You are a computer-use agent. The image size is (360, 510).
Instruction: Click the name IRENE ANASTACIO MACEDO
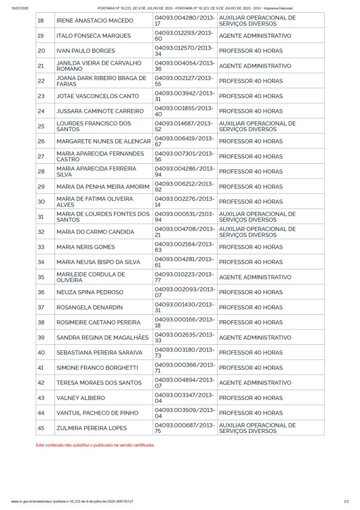[x=94, y=21]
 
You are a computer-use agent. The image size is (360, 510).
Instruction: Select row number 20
[x=41, y=51]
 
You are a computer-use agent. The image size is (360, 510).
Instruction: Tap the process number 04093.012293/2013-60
[x=184, y=36]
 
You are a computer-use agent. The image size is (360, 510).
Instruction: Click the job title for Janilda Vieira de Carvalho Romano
[x=255, y=66]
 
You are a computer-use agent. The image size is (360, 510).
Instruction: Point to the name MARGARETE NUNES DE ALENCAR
[x=104, y=141]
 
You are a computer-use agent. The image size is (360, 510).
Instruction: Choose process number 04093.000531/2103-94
[x=184, y=217]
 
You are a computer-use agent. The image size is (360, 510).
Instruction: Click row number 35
[x=41, y=277]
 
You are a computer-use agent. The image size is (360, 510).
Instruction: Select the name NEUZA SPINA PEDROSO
[x=90, y=292]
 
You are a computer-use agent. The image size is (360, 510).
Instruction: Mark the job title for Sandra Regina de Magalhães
[x=255, y=338]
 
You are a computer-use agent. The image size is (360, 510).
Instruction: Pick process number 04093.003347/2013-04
[x=184, y=398]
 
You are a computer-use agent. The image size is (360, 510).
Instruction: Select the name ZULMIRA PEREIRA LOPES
[x=92, y=428]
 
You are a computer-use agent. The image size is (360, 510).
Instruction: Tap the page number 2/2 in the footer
[x=346, y=502]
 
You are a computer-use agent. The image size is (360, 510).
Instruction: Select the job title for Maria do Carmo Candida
[x=257, y=232]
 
